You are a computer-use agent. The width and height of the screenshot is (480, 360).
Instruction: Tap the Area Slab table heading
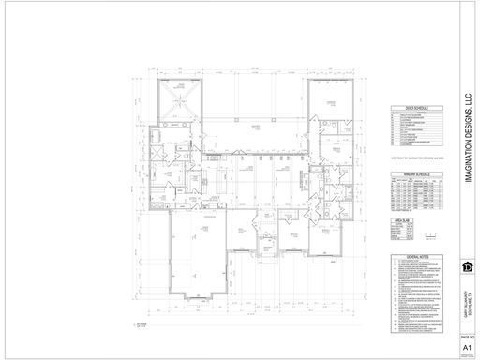pos(401,218)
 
